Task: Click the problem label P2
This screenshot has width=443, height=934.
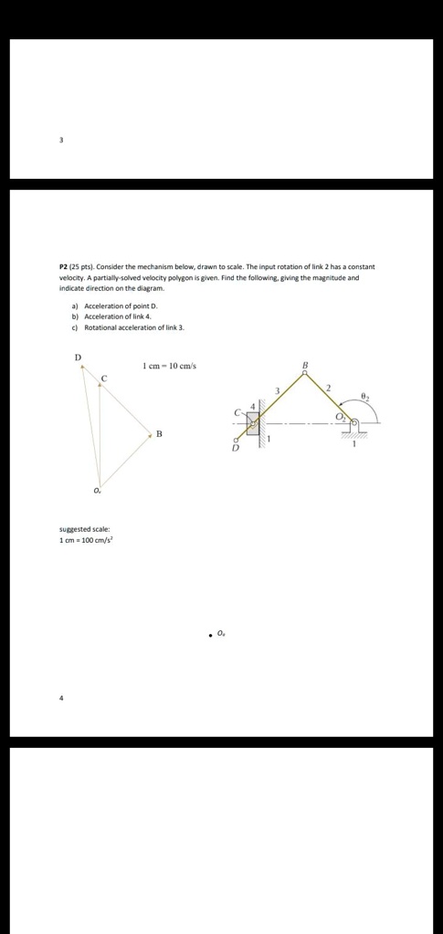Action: tap(64, 266)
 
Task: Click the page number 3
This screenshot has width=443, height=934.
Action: tap(61, 140)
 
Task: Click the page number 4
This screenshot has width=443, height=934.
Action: tap(61, 698)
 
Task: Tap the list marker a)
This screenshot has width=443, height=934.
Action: tap(75, 306)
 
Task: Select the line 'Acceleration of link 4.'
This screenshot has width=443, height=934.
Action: tap(117, 317)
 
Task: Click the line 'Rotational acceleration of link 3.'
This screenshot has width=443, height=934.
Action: tap(133, 327)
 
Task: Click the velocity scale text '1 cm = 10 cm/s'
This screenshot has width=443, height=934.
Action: tap(169, 367)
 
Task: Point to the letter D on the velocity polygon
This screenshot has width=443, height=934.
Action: tap(78, 357)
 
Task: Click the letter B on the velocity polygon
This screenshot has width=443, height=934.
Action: tap(159, 433)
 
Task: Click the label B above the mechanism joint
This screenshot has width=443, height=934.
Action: tap(305, 366)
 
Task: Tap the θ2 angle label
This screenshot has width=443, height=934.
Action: tap(364, 396)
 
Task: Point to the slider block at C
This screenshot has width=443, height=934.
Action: tap(252, 424)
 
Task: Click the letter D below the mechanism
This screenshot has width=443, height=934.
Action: tap(234, 449)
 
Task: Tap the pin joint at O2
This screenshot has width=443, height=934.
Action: tap(353, 422)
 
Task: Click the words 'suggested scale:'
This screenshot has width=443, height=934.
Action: tap(84, 529)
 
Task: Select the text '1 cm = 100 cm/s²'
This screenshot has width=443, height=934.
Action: tap(86, 540)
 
